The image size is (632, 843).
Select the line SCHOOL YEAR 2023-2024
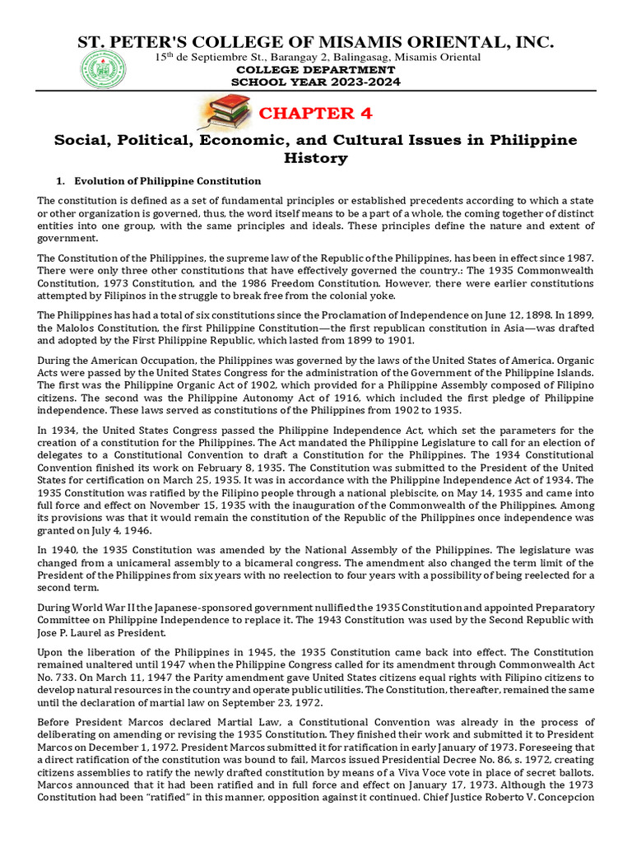pyautogui.click(x=316, y=83)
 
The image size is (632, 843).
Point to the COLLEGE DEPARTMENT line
pyautogui.click(x=316, y=70)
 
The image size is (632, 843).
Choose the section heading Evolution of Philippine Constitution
pyautogui.click(x=168, y=181)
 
